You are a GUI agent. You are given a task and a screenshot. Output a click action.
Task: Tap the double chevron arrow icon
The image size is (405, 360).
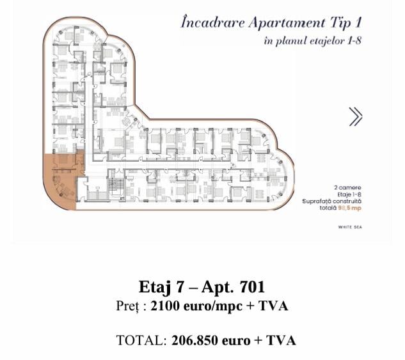(x=355, y=116)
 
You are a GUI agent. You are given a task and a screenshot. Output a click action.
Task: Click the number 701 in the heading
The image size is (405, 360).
(x=251, y=286)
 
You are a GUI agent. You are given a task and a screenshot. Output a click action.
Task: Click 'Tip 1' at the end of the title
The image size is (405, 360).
(x=350, y=23)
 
